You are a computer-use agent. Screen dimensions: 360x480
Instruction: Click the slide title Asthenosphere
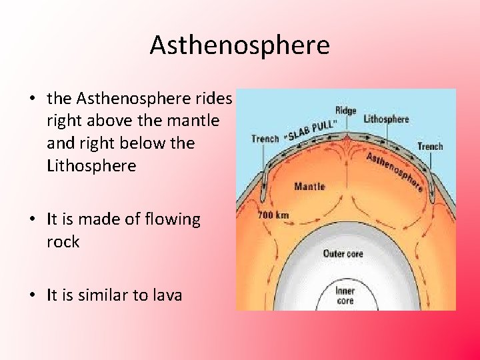[x=239, y=45]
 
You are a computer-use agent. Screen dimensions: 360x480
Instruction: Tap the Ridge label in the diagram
[x=346, y=110]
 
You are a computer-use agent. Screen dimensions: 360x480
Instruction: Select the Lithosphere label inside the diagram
[x=386, y=119]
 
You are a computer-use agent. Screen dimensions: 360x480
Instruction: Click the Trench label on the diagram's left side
[x=265, y=139]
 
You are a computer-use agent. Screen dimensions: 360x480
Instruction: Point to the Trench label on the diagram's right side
[x=429, y=146]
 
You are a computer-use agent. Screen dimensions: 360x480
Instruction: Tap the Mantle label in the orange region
[x=309, y=185]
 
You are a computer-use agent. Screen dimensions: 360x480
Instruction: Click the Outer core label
[x=343, y=253]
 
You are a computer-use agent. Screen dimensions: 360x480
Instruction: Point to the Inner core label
[x=345, y=295]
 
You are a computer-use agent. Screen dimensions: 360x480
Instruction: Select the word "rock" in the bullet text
[x=63, y=241]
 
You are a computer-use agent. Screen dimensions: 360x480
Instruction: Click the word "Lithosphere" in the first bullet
[x=91, y=165]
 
